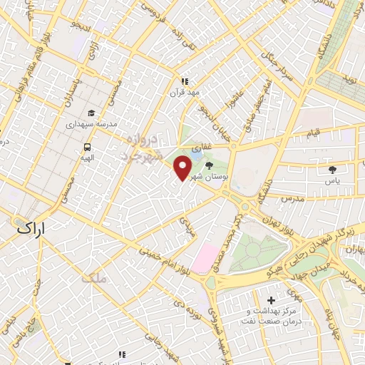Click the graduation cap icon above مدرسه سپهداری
(91, 113)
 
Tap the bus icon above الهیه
(86, 148)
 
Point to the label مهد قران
(181, 93)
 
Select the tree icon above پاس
(332, 169)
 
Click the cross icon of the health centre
(270, 301)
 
